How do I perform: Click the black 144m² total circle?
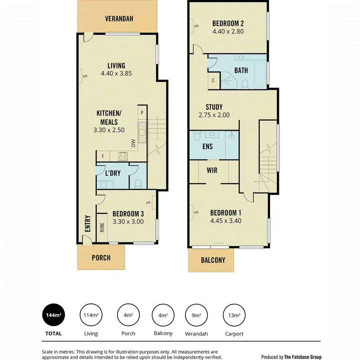click(x=54, y=315)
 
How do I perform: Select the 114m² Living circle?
click(x=91, y=315)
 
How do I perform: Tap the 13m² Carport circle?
click(x=234, y=315)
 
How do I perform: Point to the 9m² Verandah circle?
click(x=196, y=315)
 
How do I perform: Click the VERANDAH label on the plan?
click(x=119, y=18)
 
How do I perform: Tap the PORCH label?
click(x=101, y=258)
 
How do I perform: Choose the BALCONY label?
click(x=213, y=260)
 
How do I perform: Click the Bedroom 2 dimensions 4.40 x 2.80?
click(x=228, y=31)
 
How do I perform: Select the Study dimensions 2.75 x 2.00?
click(x=214, y=115)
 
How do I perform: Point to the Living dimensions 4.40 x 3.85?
click(x=117, y=73)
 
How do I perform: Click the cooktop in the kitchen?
click(x=123, y=156)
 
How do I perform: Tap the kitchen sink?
click(x=142, y=132)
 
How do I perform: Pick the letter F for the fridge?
click(x=103, y=156)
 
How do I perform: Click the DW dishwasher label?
click(x=133, y=143)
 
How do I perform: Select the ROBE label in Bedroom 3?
click(x=102, y=227)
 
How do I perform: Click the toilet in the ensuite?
click(x=197, y=135)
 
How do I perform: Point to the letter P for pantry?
click(x=142, y=113)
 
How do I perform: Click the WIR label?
click(x=212, y=171)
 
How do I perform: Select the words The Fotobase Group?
click(x=302, y=357)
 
